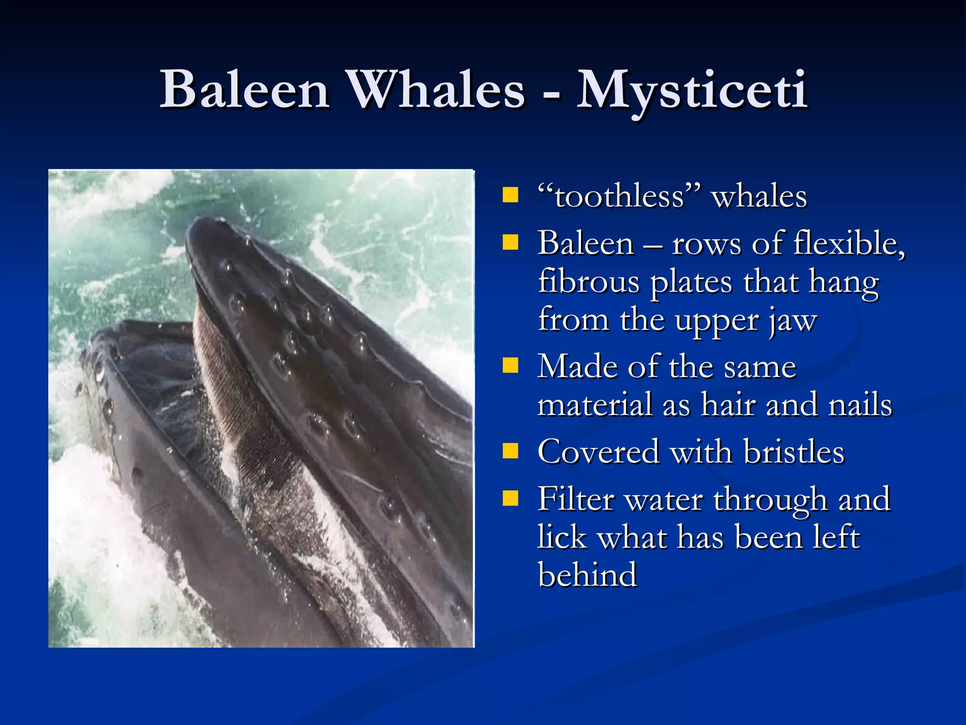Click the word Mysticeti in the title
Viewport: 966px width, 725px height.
(692, 90)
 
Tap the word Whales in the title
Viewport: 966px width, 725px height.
(436, 90)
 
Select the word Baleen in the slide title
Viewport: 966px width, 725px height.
(244, 90)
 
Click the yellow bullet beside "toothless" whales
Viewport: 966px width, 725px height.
(510, 195)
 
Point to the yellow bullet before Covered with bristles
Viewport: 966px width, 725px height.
(510, 451)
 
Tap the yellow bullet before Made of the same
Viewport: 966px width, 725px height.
(510, 365)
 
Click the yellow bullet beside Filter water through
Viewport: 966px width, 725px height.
(510, 498)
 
